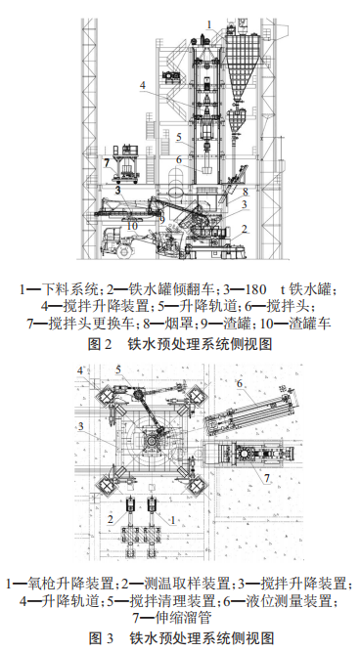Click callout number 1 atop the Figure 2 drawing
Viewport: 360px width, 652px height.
tap(207, 22)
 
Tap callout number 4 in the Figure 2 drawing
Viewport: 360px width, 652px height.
tap(143, 86)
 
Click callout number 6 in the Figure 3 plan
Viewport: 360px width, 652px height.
tap(240, 384)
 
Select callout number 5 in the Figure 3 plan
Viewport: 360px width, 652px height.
tap(118, 369)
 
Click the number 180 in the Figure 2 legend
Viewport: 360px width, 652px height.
tap(258, 288)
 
